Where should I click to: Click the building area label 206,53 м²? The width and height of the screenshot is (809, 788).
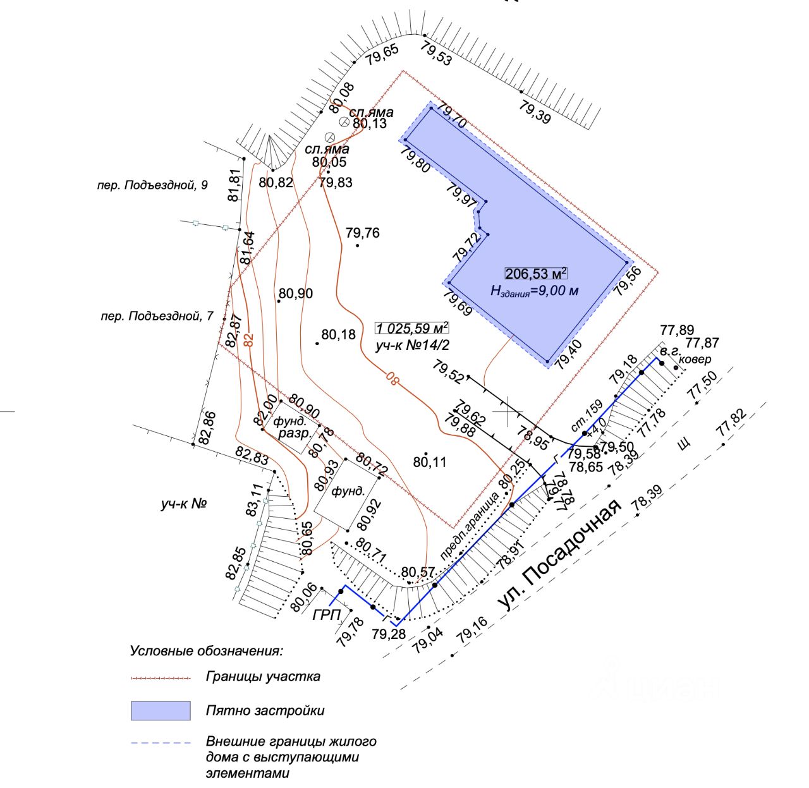tap(535, 274)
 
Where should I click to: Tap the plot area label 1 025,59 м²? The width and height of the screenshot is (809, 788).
tap(411, 328)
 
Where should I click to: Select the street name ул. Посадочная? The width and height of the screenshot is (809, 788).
tap(559, 555)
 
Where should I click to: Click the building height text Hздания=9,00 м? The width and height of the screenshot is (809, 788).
tap(535, 291)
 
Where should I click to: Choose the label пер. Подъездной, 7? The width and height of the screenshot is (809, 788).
tap(157, 316)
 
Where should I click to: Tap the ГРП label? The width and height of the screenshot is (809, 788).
tap(327, 614)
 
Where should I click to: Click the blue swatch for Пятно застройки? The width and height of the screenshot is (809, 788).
tap(161, 710)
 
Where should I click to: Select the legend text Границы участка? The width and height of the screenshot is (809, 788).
tap(263, 676)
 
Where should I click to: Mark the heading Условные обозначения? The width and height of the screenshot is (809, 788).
tap(207, 650)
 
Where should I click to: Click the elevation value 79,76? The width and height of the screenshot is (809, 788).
tap(362, 233)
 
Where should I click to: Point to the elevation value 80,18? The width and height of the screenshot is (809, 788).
tap(339, 334)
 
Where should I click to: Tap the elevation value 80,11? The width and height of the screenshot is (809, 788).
tap(430, 463)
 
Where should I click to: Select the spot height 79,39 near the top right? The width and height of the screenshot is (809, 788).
tap(535, 112)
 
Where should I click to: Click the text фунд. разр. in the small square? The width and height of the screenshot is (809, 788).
tap(294, 428)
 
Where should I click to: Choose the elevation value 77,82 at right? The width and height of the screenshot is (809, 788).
tap(732, 423)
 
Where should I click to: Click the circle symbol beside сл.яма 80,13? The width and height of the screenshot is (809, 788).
tap(344, 121)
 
